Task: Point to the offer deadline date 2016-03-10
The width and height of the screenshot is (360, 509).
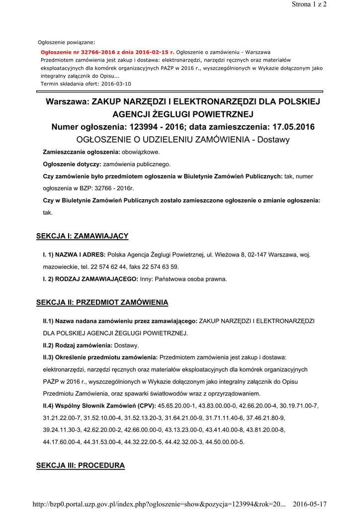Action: click(116, 84)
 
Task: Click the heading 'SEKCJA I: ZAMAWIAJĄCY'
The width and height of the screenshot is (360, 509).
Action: click(83, 236)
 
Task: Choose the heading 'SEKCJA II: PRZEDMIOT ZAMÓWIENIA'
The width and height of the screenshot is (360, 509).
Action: click(102, 302)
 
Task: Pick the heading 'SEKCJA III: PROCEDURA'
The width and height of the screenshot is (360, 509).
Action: click(81, 466)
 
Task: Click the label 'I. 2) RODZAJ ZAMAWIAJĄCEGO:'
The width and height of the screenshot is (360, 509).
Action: click(90, 279)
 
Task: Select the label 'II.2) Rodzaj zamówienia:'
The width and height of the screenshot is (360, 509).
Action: click(78, 345)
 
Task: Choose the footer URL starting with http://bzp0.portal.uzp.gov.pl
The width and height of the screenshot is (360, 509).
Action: click(159, 504)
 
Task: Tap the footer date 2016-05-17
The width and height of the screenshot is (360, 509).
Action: click(310, 504)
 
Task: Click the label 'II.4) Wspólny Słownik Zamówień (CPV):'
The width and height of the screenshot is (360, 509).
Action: click(99, 406)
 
